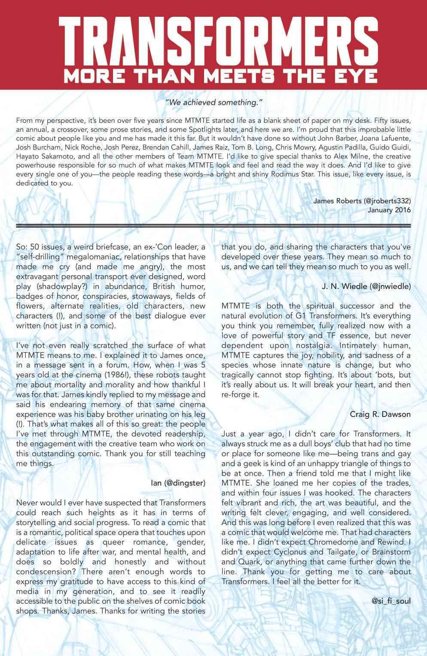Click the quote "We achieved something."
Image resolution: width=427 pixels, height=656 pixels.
(x=213, y=103)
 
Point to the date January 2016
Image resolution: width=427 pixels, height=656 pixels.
(x=389, y=210)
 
